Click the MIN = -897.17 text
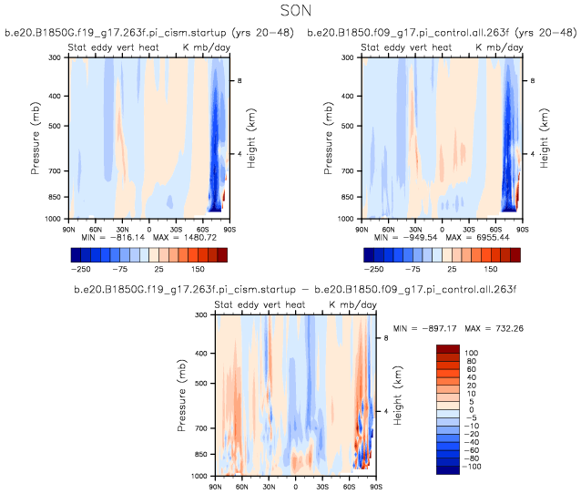coord(426,327)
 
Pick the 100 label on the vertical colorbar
coord(471,352)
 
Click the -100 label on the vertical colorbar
coord(473,467)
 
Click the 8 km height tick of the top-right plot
coord(535,81)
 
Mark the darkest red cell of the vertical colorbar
coord(447,349)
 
